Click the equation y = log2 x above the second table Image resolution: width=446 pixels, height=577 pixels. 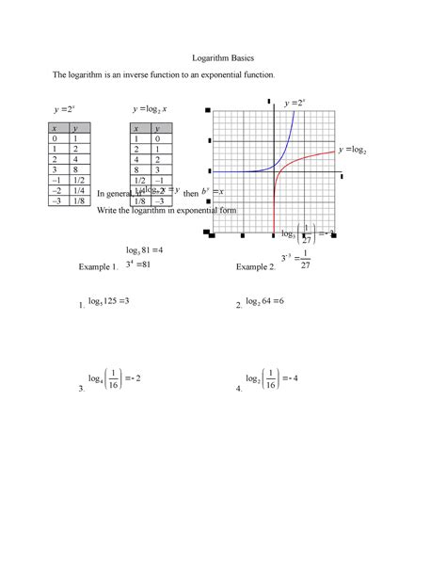(151, 109)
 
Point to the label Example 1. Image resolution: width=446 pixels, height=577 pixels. (98, 267)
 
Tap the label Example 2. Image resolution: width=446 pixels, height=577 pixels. (255, 267)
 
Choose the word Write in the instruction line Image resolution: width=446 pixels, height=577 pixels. (109, 212)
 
